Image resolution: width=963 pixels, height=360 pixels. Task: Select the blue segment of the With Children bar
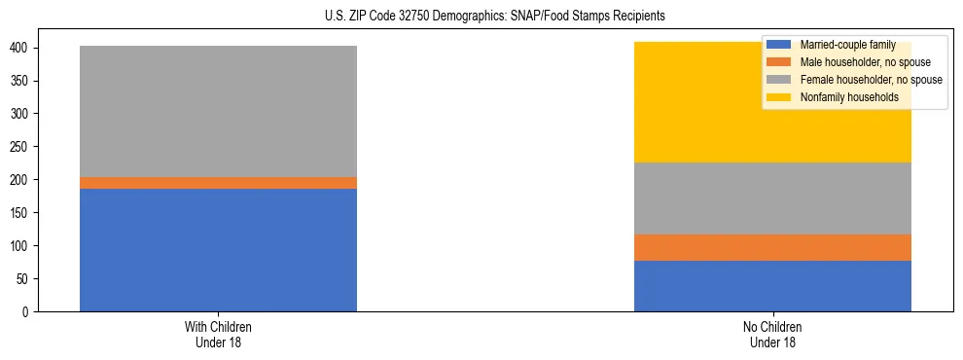click(x=218, y=250)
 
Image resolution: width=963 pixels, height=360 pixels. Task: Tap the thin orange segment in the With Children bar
click(x=218, y=183)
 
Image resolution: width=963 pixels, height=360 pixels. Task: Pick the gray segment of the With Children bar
click(x=218, y=111)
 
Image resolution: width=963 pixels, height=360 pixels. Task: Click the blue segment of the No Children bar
click(x=772, y=286)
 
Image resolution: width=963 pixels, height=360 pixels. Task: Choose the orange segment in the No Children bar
click(x=772, y=248)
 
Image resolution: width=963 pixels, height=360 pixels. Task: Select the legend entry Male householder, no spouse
click(x=856, y=62)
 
